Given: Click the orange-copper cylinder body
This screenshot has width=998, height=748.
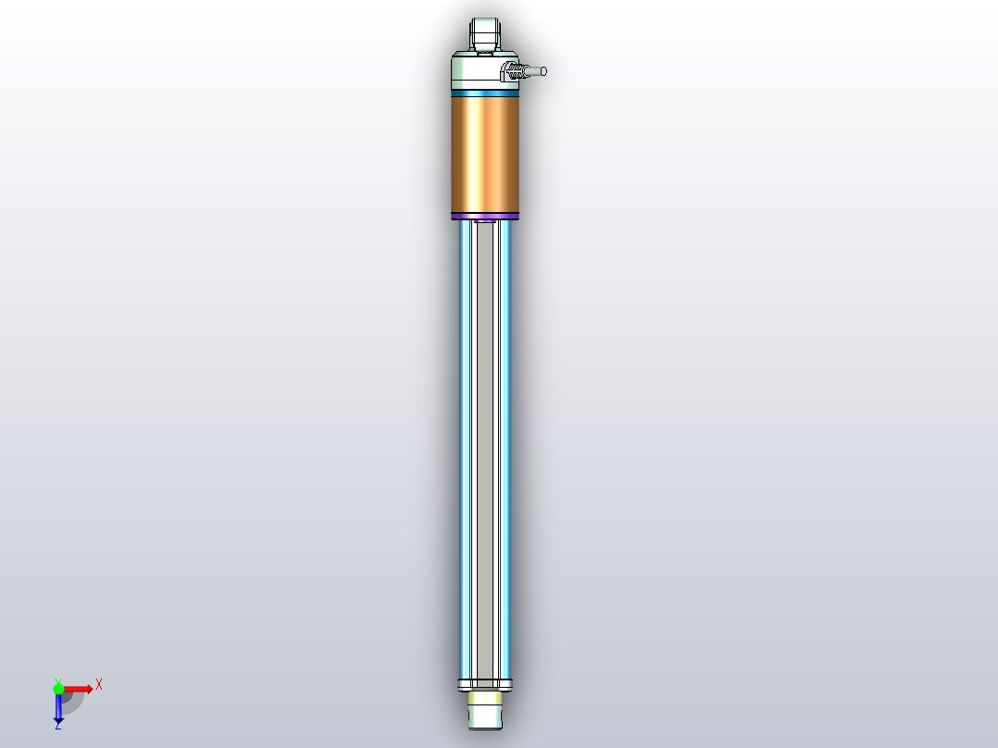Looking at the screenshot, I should [x=485, y=153].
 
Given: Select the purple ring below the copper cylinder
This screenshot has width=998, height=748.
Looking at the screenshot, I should [x=485, y=217].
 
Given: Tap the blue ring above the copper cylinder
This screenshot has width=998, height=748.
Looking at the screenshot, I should [x=485, y=92].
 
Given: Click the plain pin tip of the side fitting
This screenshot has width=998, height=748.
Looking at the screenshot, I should [x=537, y=70].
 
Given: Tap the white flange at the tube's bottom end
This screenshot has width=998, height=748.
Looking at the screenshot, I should [x=485, y=685].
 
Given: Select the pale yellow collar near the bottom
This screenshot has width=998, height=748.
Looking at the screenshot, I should [x=485, y=697].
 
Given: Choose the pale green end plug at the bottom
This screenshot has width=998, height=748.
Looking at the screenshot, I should [x=485, y=716].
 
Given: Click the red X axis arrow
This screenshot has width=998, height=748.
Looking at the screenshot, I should [x=79, y=688].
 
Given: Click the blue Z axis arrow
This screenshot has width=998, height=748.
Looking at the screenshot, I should [x=58, y=708].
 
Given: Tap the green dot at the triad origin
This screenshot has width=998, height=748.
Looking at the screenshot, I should [x=59, y=689].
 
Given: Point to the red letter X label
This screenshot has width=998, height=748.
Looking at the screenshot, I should [x=99, y=684].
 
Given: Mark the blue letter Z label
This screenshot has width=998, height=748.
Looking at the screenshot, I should [x=57, y=727].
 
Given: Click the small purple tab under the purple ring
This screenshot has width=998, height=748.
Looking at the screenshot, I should [x=483, y=222].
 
